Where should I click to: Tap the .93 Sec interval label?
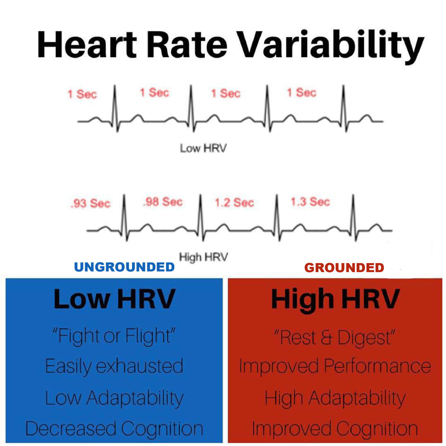coord(90,204)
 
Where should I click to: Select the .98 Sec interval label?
coord(163,202)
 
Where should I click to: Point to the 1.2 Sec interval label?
coord(235,203)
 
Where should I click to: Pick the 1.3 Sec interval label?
coord(310,202)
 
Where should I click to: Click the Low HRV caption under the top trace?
coord(203,149)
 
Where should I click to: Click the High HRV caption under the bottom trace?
coord(203,257)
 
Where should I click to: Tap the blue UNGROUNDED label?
coord(125,267)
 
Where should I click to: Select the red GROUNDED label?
coord(344,268)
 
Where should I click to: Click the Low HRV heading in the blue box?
coord(114,299)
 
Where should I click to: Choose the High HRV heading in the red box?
coord(335,299)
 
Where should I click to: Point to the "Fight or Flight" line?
coord(114,336)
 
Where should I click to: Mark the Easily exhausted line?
coord(114,366)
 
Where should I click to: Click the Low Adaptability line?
coord(114,398)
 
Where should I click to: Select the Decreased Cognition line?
coord(114,429)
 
